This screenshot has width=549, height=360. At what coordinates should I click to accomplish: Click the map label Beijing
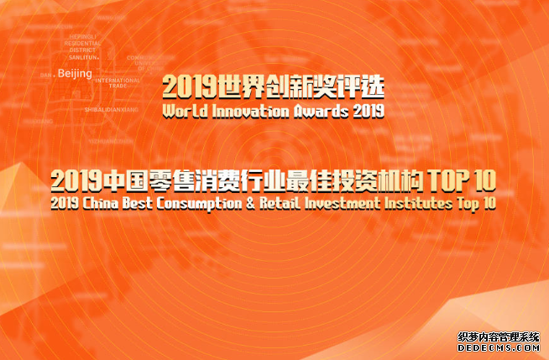(x=75, y=74)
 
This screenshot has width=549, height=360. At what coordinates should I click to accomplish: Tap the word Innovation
(x=244, y=110)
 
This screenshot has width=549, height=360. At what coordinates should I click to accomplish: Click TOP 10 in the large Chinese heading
(x=462, y=180)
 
